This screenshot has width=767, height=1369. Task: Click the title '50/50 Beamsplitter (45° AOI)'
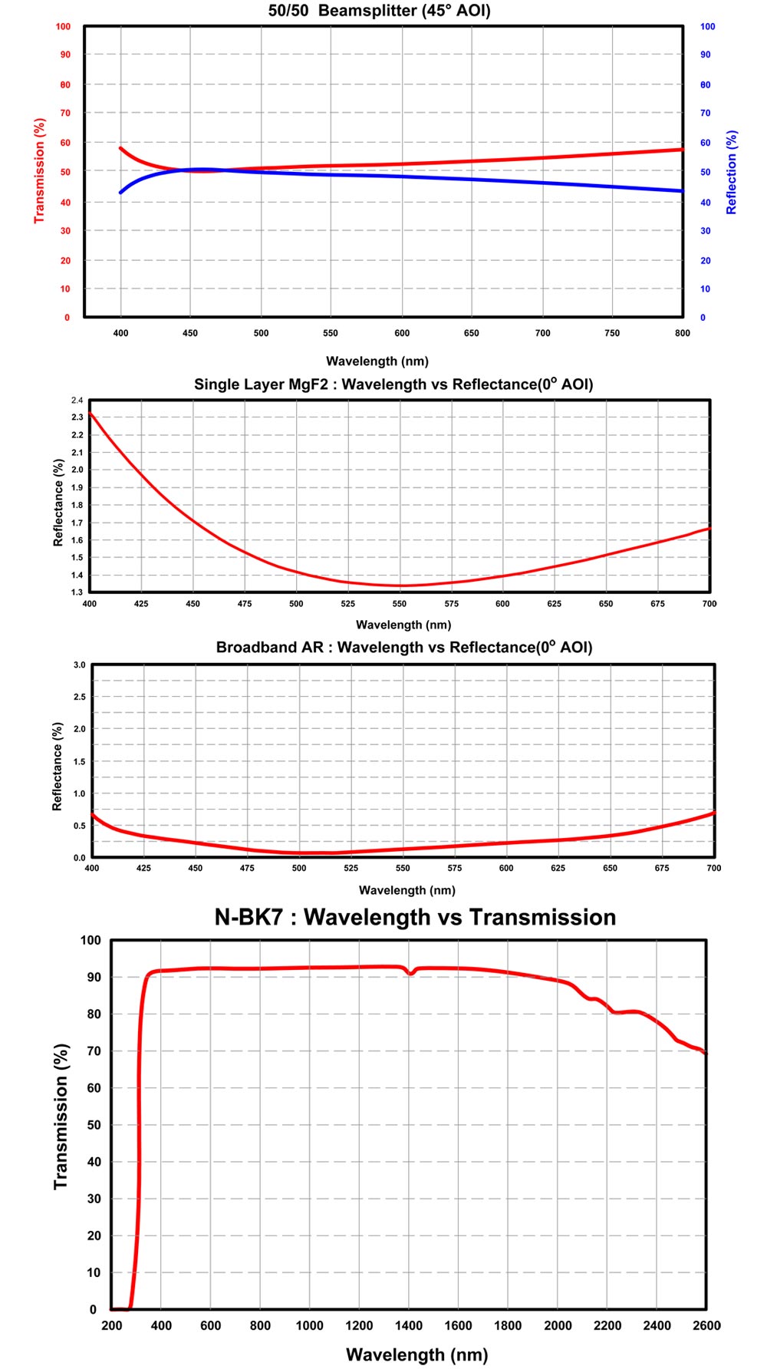[379, 11]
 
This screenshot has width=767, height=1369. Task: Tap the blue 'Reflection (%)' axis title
[731, 173]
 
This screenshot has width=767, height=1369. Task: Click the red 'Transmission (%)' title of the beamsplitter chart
[39, 171]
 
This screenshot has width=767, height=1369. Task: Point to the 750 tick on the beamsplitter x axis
[612, 333]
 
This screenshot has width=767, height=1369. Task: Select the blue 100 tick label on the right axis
[707, 27]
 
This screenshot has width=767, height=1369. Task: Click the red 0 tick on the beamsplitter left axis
[67, 318]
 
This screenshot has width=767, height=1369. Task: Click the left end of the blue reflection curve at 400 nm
[121, 192]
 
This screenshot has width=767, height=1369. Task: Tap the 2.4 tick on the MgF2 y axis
[77, 401]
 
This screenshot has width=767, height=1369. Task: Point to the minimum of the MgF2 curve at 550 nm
[400, 586]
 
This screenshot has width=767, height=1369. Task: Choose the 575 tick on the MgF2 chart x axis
[451, 604]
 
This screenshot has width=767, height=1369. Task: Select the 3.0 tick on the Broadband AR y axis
[79, 665]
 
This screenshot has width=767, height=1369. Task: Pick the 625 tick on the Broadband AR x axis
[558, 869]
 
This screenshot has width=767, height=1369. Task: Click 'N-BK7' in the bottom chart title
[249, 918]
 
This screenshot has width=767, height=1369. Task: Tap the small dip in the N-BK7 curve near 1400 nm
[411, 973]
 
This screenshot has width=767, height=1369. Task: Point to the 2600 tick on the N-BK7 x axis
[706, 1325]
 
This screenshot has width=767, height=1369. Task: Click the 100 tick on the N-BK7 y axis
[91, 941]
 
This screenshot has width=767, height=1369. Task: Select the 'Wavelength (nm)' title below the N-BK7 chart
[416, 1355]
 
